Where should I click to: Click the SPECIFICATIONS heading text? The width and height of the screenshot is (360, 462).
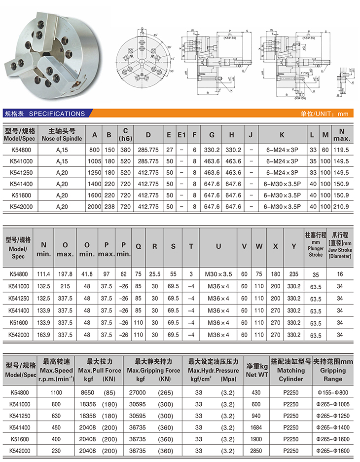point(57,114)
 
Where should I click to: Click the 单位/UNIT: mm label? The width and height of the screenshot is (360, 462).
point(324,114)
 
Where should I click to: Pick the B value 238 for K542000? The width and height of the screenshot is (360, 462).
point(109,206)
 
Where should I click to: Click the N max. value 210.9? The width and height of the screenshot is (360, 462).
point(340,206)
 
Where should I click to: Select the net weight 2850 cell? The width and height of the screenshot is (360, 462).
point(256,451)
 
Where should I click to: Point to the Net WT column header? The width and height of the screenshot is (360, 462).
point(256,370)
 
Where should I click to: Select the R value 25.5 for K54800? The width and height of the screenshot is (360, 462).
point(155,274)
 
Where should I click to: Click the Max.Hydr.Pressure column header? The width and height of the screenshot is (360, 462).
point(214,370)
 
